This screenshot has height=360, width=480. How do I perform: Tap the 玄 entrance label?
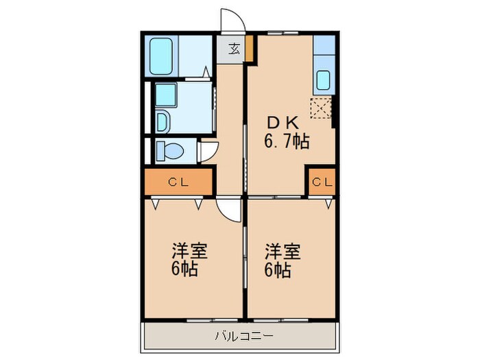click(234, 49)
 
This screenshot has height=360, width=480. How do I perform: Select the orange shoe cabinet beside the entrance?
click(250, 49)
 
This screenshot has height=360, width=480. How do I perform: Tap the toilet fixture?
click(168, 149)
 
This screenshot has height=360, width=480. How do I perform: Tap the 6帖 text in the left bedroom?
click(184, 269)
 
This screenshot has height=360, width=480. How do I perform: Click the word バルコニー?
click(244, 336)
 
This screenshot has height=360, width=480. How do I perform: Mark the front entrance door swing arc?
click(230, 19)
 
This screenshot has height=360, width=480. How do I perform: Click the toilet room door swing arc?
click(208, 151)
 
